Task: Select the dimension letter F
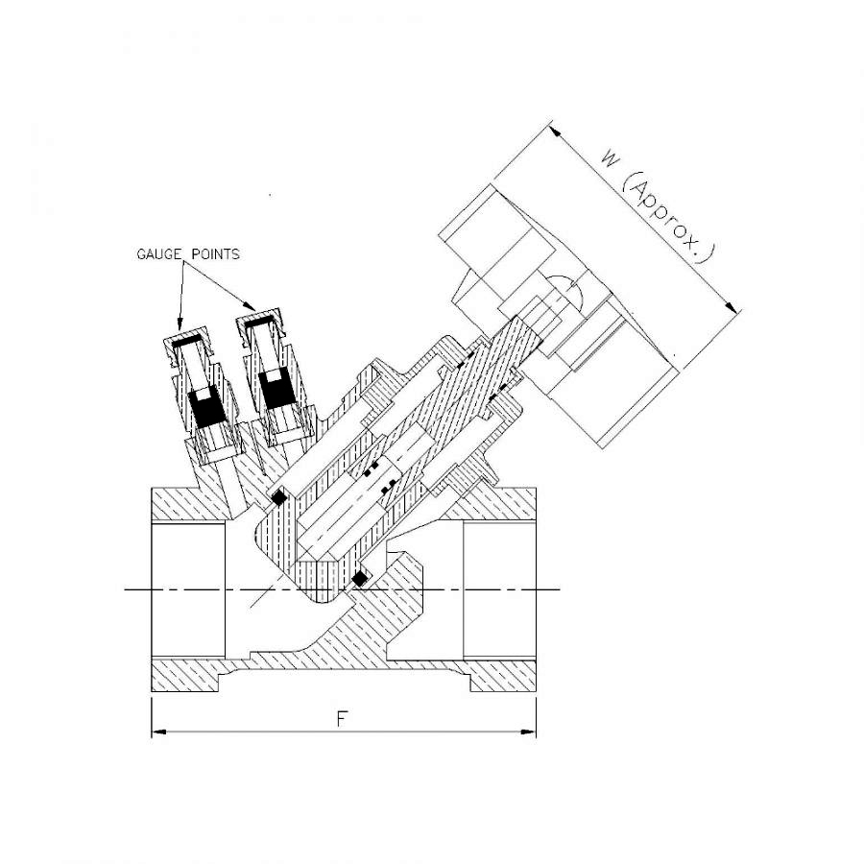pyautogui.click(x=341, y=720)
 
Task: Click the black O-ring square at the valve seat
pyautogui.click(x=361, y=578)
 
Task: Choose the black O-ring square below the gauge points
pyautogui.click(x=279, y=498)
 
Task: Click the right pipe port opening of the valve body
pyautogui.click(x=499, y=588)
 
